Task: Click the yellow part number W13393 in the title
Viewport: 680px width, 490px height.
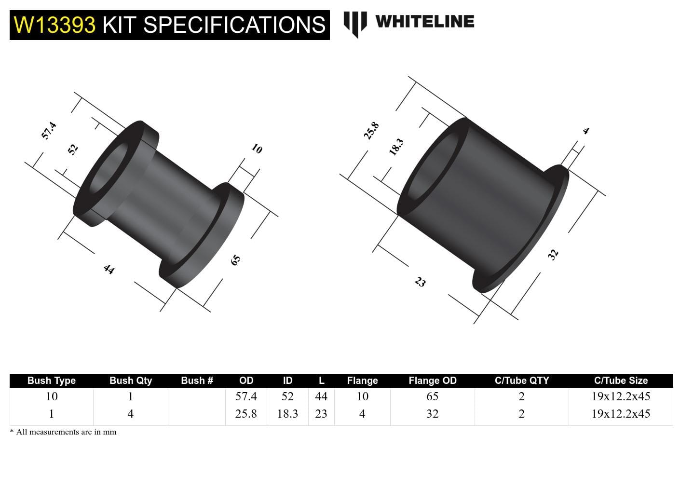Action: point(54,25)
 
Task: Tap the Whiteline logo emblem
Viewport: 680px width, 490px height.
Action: point(355,23)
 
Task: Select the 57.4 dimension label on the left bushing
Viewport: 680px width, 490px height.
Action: point(49,131)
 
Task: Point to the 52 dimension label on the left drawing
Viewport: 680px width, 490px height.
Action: point(72,149)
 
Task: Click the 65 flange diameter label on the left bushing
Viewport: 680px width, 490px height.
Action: point(235,260)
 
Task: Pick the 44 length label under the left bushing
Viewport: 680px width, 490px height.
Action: point(109,269)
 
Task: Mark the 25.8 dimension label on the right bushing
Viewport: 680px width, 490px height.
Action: point(371,131)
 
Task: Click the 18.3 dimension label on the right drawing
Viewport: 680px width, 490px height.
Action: point(396,147)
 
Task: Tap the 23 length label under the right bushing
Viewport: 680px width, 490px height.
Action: point(421,282)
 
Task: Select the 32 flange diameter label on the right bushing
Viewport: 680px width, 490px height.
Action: point(553,254)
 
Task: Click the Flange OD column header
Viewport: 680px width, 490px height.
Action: point(432,381)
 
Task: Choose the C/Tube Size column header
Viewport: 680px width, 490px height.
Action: point(621,381)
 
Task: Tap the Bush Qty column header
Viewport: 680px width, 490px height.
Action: point(130,381)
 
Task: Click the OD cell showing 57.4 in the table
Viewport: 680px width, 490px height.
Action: point(246,396)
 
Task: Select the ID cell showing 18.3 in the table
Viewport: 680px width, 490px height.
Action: point(287,414)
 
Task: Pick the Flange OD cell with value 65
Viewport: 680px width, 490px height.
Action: point(432,396)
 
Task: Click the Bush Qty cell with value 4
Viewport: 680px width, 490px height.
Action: point(130,414)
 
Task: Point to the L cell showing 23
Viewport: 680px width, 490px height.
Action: point(321,414)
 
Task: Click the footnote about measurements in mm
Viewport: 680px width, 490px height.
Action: point(63,432)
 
